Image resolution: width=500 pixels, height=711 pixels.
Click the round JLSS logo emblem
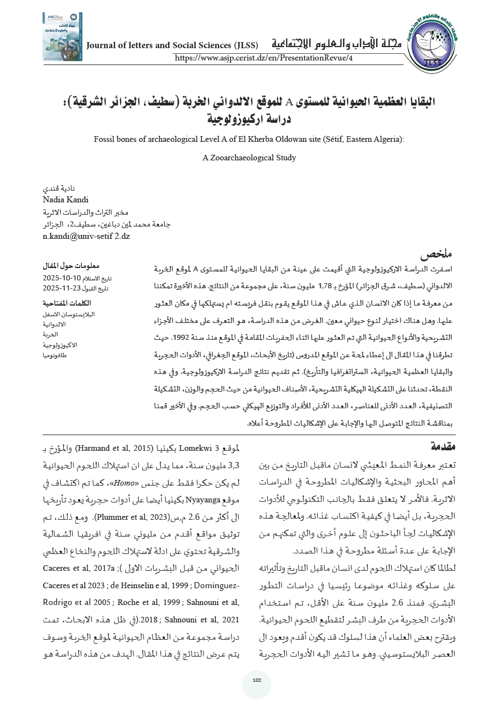[430, 48]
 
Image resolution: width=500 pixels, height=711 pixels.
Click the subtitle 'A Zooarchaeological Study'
[249, 158]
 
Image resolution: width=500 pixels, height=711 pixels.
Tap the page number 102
[257, 680]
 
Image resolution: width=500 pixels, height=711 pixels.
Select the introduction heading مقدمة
[443, 446]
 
